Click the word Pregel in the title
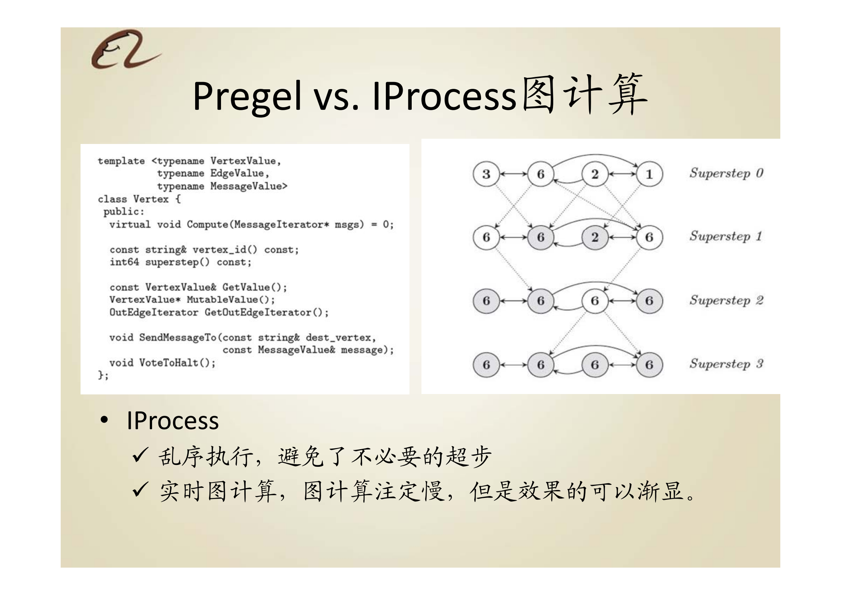247,97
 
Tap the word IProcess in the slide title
444,97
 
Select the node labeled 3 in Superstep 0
486,174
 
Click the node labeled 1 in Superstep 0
649,174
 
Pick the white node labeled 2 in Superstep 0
595,174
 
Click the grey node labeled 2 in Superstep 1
595,237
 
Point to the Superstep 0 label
726,173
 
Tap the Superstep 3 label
726,364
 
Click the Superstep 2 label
726,300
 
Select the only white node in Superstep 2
595,301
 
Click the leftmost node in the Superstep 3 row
486,365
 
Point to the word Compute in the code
207,225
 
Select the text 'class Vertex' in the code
133,199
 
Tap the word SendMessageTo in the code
178,337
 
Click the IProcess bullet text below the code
173,421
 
